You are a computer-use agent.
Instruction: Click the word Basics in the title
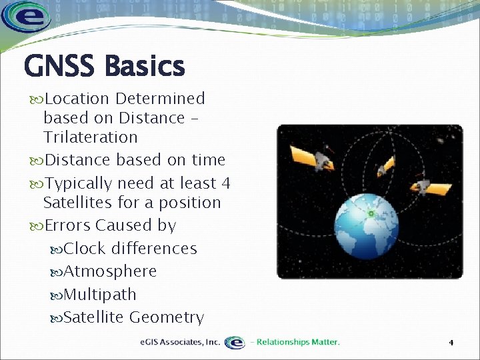tap(144, 67)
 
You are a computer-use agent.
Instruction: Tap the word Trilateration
tap(90, 137)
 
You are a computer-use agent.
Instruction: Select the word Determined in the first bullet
tap(160, 99)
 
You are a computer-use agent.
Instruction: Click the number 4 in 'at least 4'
tap(226, 183)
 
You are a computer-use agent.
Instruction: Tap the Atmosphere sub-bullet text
tap(110, 271)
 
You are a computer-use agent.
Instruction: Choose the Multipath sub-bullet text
tap(100, 295)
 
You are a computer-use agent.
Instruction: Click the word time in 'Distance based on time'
tap(207, 160)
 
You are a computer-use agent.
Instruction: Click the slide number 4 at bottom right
tap(451, 343)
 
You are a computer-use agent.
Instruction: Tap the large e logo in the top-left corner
tap(26, 17)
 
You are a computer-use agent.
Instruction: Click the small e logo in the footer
tap(235, 342)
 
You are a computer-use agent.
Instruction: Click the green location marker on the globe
tap(371, 213)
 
